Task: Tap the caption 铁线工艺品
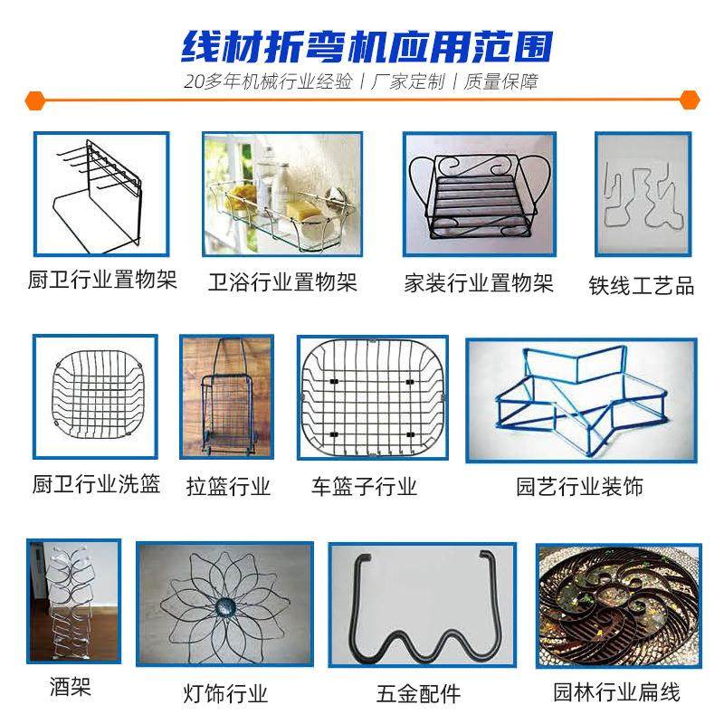pyautogui.click(x=642, y=286)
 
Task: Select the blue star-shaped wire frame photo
pyautogui.click(x=580, y=398)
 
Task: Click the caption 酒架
pyautogui.click(x=71, y=688)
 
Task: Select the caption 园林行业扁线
pyautogui.click(x=616, y=693)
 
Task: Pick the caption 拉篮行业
pyautogui.click(x=228, y=487)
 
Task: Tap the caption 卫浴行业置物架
pyautogui.click(x=282, y=282)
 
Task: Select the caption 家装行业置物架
pyautogui.click(x=479, y=283)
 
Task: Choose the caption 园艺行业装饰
pyautogui.click(x=579, y=487)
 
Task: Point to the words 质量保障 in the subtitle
pyautogui.click(x=500, y=81)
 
